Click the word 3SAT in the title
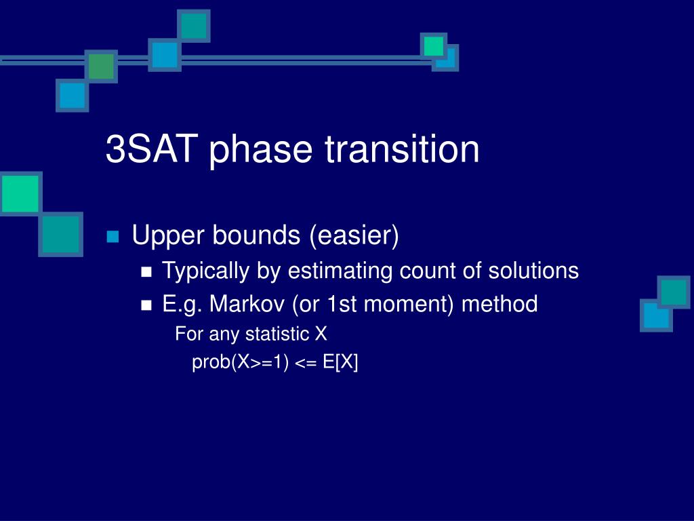point(151,149)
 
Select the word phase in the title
point(261,150)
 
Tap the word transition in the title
point(402,149)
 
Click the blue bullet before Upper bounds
point(113,237)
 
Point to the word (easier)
point(354,235)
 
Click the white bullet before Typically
point(146,272)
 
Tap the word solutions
point(533,270)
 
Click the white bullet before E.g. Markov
point(146,305)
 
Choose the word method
point(499,304)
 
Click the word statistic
point(277,334)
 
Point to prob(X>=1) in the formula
point(241,362)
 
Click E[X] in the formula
point(340,362)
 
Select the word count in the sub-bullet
point(427,271)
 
